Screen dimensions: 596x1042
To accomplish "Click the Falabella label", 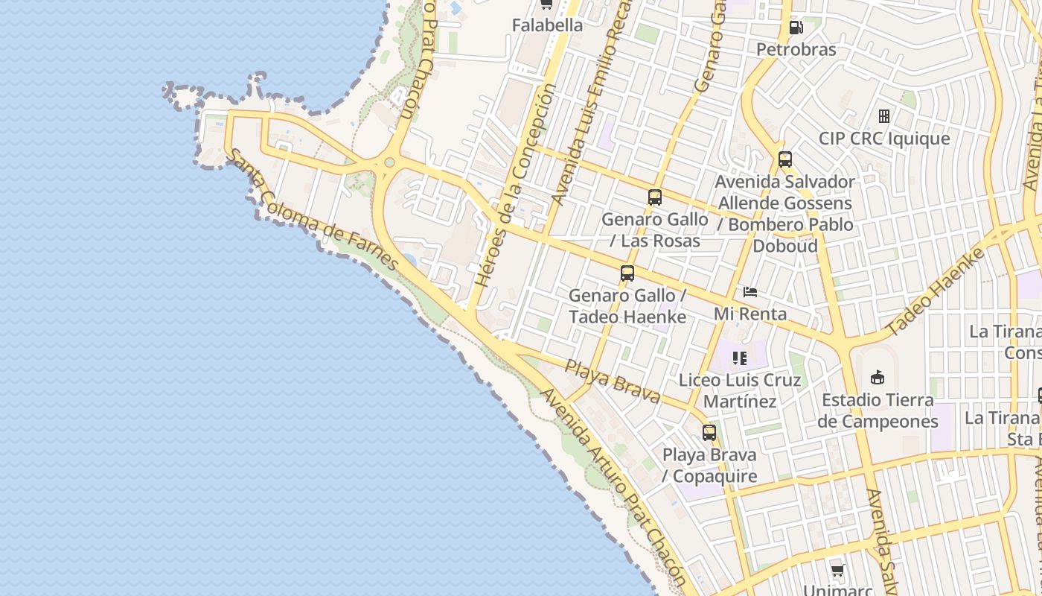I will pyautogui.click(x=547, y=25).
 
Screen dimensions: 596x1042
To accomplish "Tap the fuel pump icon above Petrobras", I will pyautogui.click(x=796, y=28).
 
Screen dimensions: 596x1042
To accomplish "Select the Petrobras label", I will pyautogui.click(x=796, y=49).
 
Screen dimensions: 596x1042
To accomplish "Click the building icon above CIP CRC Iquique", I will pyautogui.click(x=884, y=116).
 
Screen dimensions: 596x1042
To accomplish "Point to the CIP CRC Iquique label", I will pyautogui.click(x=884, y=139).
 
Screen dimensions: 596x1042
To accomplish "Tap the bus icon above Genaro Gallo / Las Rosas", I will pyautogui.click(x=655, y=197).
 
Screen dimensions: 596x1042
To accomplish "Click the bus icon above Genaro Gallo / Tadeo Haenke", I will pyautogui.click(x=627, y=273).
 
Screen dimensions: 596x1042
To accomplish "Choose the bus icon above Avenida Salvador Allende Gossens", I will pyautogui.click(x=785, y=159).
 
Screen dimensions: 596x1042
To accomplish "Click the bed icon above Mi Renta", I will pyautogui.click(x=750, y=292).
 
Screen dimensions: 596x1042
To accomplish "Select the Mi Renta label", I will pyautogui.click(x=750, y=314).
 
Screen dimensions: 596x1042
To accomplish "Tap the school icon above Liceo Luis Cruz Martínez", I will pyautogui.click(x=739, y=358).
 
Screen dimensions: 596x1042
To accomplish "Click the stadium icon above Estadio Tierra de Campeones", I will pyautogui.click(x=878, y=378).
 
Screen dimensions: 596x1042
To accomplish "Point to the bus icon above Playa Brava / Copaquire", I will pyautogui.click(x=709, y=433).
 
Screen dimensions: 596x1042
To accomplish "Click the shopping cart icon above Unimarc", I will pyautogui.click(x=838, y=571).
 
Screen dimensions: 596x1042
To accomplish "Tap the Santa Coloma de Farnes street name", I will pyautogui.click(x=313, y=211).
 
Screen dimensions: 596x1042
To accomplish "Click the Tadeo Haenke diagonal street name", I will pyautogui.click(x=936, y=291).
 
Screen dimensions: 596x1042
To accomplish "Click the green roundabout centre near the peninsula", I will pyautogui.click(x=389, y=162).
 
